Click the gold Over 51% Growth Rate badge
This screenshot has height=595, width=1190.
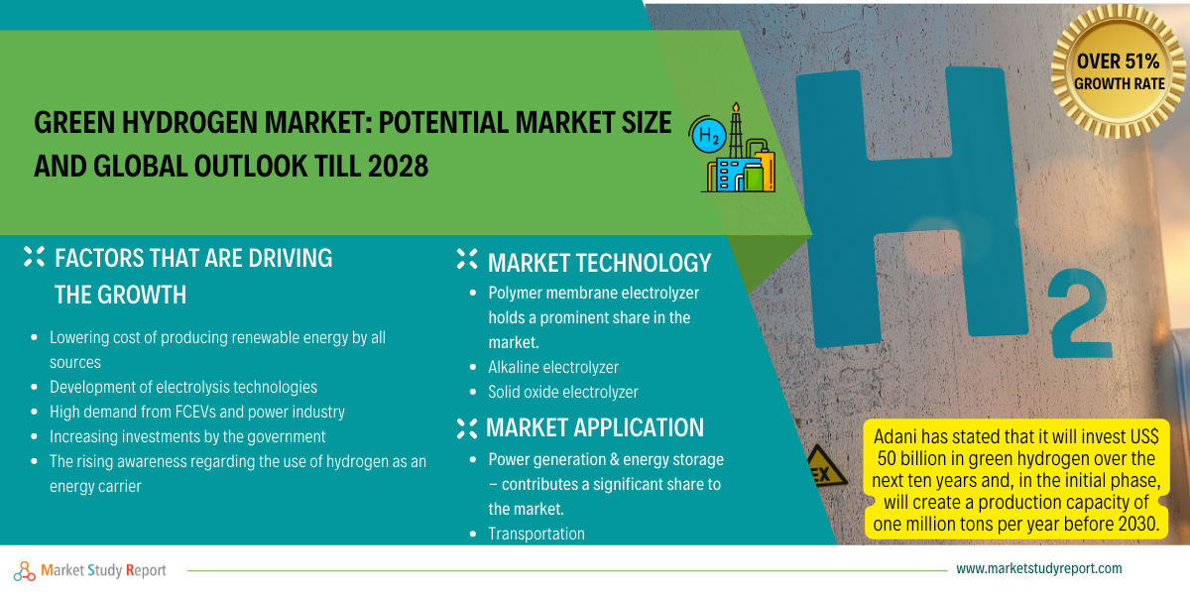point(1118,71)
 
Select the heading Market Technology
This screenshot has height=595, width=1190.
point(599,263)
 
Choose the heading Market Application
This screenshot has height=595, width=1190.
point(595,427)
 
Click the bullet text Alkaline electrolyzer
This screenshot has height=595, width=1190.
point(553,367)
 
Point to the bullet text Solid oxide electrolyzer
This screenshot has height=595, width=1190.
point(563,392)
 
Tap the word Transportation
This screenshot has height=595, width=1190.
point(536,534)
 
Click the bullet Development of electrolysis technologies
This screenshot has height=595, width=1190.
point(183,387)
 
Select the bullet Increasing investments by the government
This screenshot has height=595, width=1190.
point(187,436)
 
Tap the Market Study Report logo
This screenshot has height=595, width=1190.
point(90,570)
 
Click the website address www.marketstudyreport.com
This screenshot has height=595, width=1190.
point(1039,568)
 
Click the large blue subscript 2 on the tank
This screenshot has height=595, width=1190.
point(1080,313)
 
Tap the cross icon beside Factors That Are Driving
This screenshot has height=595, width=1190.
point(34,257)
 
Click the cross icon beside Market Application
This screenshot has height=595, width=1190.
point(467,428)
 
